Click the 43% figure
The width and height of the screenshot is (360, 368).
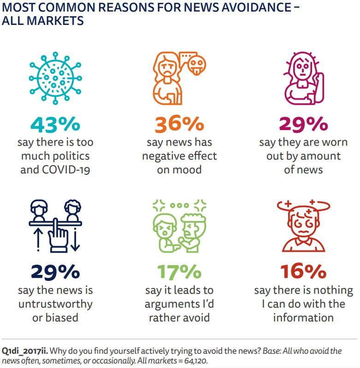55,124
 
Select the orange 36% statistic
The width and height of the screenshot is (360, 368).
179,124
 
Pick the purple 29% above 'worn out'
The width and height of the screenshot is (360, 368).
303,124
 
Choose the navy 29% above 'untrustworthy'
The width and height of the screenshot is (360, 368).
55,272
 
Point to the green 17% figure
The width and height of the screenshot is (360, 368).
179,272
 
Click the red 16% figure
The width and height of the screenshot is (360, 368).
303,272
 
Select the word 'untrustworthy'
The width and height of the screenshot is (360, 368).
55,304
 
